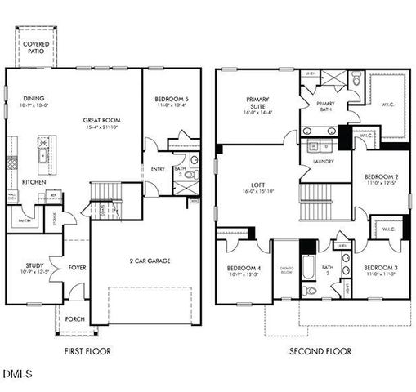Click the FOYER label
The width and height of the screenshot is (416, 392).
pos(77,265)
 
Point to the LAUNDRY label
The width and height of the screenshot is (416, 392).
pos(321,161)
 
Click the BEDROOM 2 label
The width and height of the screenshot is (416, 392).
pos(381,176)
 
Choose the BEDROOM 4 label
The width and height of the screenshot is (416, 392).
pos(243,268)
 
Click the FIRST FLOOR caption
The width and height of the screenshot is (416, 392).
pos(87,351)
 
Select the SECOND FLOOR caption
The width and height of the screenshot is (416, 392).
pos(320,351)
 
